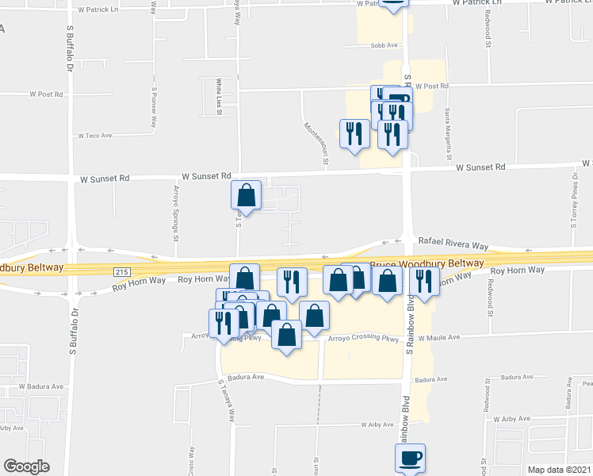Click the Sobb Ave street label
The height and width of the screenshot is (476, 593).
(x=384, y=46)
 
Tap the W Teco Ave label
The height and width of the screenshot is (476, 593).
(x=98, y=136)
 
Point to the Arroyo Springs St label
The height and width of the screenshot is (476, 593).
(x=176, y=209)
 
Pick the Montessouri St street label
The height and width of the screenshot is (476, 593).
(x=316, y=140)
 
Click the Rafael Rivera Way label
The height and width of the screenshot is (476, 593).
(x=453, y=247)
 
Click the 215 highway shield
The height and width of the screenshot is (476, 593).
(x=121, y=271)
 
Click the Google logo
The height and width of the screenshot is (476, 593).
(x=26, y=467)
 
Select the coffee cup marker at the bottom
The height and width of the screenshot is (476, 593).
(x=410, y=459)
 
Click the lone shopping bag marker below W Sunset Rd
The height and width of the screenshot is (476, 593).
(x=247, y=195)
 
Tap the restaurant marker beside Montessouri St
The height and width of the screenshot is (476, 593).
(x=354, y=132)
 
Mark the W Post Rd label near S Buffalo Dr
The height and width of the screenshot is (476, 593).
(x=46, y=94)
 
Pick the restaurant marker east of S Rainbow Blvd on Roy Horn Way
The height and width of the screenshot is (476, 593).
(x=425, y=282)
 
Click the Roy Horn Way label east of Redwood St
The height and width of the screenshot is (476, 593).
(x=520, y=271)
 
